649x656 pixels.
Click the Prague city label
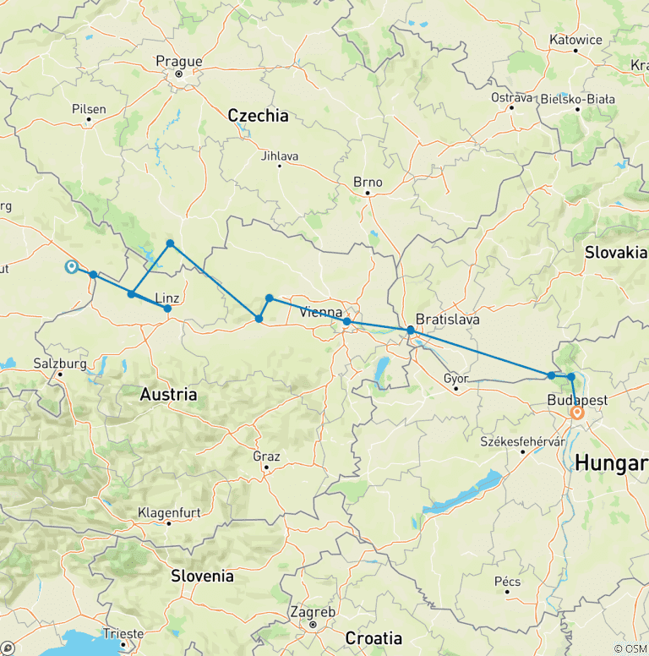click(179, 61)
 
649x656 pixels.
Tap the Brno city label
click(368, 182)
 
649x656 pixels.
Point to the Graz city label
click(266, 456)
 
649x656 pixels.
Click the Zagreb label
click(313, 612)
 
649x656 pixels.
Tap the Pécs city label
click(507, 581)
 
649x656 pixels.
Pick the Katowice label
click(575, 40)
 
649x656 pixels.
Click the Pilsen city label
click(90, 109)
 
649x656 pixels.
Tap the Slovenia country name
click(202, 576)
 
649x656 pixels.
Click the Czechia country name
click(258, 116)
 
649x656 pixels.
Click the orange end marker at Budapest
click(577, 413)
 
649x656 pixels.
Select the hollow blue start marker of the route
click(72, 267)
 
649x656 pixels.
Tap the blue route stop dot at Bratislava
click(410, 330)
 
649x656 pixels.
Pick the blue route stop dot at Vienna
click(346, 321)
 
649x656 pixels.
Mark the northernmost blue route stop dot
click(170, 243)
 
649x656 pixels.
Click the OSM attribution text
click(630, 648)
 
